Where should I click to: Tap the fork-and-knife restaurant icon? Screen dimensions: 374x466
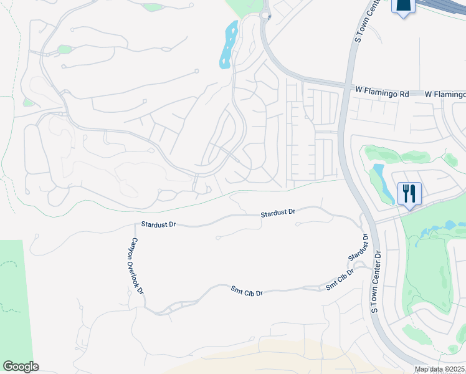pos(409,193)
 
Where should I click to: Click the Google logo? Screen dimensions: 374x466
pos(21,367)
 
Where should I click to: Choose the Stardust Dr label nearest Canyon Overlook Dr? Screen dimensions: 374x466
pos(159,223)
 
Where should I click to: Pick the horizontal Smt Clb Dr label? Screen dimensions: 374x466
pos(247,292)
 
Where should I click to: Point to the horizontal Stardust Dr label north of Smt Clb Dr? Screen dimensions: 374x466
pos(277,213)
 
